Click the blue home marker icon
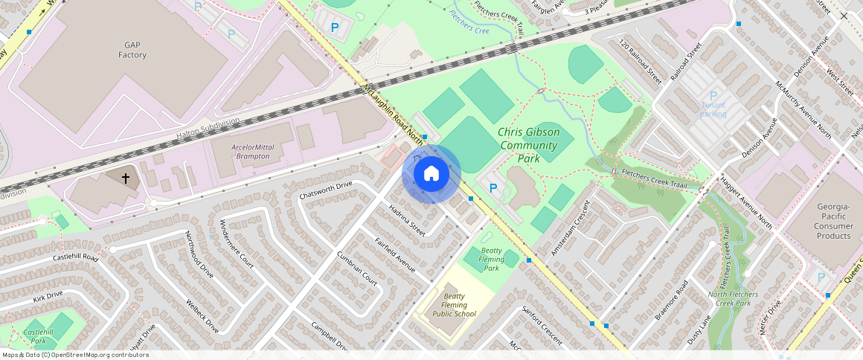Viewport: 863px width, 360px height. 431,173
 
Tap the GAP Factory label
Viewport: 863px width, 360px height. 132,50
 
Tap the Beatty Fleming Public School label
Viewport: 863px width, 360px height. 454,304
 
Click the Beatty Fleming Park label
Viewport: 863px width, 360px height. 492,259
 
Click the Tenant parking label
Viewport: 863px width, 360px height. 713,109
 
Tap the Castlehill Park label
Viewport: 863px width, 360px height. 39,336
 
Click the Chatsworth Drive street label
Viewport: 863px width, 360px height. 325,190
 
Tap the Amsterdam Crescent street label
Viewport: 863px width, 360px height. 569,228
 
